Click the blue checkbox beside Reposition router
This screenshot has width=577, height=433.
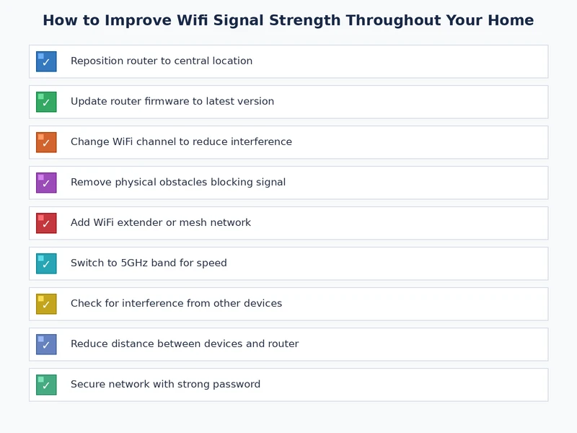tap(46, 61)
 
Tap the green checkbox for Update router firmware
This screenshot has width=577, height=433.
tap(46, 102)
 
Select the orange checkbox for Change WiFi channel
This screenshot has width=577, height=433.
tap(46, 142)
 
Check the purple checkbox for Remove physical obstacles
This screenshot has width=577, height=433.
tap(46, 183)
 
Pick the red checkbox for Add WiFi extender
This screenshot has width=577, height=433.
tap(46, 223)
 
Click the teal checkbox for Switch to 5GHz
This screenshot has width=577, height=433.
tap(46, 263)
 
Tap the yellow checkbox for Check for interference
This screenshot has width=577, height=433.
tap(46, 304)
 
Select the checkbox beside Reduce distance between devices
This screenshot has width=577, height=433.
tap(46, 344)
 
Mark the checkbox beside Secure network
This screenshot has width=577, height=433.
tap(46, 385)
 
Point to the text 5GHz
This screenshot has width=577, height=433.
tap(128, 263)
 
